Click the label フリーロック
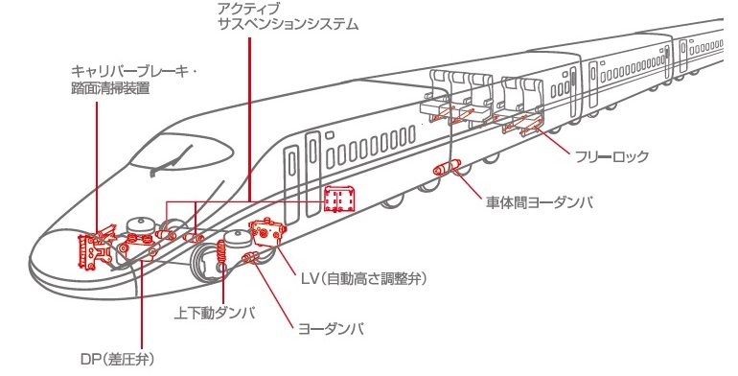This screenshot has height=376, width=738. tap(611, 156)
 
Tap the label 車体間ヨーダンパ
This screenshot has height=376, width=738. tap(539, 202)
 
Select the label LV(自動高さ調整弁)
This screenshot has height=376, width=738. tap(364, 278)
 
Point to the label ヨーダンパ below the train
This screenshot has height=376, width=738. tap(331, 328)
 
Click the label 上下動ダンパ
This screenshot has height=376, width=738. tap(214, 313)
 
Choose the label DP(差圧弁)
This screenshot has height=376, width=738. tap(117, 360)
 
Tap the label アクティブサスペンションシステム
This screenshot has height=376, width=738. tap(288, 15)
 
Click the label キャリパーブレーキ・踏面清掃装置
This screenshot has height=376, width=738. tap(134, 80)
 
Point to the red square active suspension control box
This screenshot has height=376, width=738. tap(339, 199)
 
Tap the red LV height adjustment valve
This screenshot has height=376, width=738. tap(267, 232)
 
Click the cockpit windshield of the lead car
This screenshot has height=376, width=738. tap(181, 151)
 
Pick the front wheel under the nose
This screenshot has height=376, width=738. tap(207, 266)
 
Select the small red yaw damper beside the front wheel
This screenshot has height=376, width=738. tap(249, 257)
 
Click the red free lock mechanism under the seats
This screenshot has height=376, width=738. tap(527, 124)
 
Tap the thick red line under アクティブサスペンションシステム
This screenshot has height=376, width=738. tap(249, 119)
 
